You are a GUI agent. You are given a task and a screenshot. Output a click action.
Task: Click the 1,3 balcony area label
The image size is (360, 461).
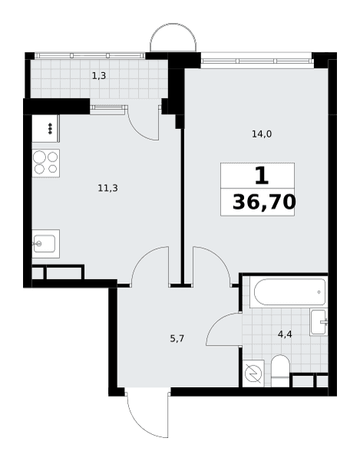[x=99, y=76]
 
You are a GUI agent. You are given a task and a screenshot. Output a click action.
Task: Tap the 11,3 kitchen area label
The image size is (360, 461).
[x=107, y=188]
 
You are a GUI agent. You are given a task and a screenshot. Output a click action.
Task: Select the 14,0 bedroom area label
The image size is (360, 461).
[x=262, y=134]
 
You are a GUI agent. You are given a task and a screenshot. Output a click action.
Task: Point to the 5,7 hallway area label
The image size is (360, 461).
[x=177, y=339]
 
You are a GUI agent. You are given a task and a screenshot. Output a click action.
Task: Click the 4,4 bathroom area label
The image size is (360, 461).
[x=285, y=334]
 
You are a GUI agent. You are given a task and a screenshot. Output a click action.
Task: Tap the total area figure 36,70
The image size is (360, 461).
[x=264, y=202]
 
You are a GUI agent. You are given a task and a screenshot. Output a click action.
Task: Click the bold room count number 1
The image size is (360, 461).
[x=262, y=175]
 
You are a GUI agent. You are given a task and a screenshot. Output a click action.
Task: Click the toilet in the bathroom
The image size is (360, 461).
[x=280, y=370]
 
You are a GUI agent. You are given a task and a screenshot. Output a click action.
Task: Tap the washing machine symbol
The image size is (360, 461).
[x=253, y=373]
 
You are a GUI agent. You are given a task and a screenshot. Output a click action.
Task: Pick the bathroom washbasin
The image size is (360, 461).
[x=319, y=322]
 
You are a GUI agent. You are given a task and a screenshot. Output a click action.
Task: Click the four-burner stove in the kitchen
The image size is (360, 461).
[x=46, y=163]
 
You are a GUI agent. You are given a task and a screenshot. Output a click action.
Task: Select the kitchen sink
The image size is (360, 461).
[x=46, y=244]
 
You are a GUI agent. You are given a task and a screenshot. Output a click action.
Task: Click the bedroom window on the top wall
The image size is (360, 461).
[x=257, y=61]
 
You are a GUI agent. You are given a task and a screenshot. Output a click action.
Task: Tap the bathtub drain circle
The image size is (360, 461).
[x=319, y=292]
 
